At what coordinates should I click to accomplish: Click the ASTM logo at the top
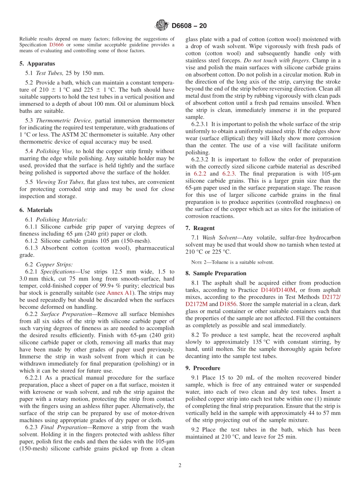point(161,26)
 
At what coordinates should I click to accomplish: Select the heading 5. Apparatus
point(37,64)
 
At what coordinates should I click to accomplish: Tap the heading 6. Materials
point(36,210)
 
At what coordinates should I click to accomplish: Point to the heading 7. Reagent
point(200,228)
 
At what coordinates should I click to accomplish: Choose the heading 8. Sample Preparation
point(216,273)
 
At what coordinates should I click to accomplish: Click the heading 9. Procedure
point(203,368)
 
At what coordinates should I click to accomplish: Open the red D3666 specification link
point(56,44)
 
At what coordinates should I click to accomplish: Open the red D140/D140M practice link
point(278,290)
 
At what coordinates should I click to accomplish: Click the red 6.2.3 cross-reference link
point(228,174)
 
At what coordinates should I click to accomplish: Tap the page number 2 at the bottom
point(180,465)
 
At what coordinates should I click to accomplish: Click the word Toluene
point(222,262)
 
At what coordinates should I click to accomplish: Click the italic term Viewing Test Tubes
point(60,182)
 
